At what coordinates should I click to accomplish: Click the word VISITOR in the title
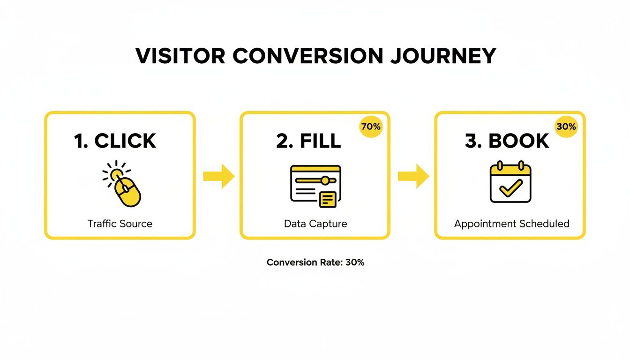(180, 56)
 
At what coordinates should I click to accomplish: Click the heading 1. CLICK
(115, 141)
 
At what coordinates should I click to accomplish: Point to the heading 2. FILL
(308, 141)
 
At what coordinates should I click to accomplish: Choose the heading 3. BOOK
(507, 141)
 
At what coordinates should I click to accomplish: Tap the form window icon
(315, 185)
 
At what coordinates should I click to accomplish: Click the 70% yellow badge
(371, 126)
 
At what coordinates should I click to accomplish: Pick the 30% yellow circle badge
(566, 126)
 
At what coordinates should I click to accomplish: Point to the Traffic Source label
(120, 224)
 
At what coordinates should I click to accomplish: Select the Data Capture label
(315, 224)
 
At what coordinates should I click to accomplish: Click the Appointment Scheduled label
(511, 224)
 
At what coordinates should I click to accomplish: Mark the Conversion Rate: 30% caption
(315, 262)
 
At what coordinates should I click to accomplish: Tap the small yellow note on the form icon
(328, 199)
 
